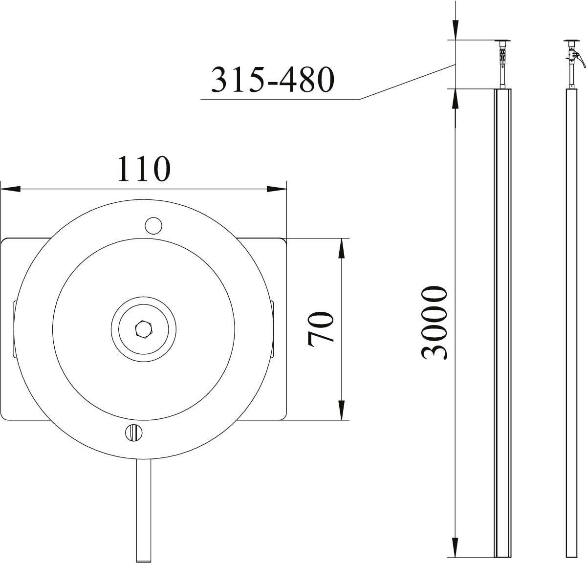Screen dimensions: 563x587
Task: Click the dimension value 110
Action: pos(144,169)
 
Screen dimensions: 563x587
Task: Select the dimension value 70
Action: pos(321,329)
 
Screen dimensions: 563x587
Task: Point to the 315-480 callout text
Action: pos(272,79)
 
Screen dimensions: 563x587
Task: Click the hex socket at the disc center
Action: pos(143,328)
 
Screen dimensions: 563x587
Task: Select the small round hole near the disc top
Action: pos(153,225)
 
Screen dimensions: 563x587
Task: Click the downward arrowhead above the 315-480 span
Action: pos(455,30)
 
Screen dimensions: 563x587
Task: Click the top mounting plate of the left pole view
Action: pos(502,41)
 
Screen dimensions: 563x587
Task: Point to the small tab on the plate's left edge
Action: pos(15,329)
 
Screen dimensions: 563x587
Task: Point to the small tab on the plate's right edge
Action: pos(272,329)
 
